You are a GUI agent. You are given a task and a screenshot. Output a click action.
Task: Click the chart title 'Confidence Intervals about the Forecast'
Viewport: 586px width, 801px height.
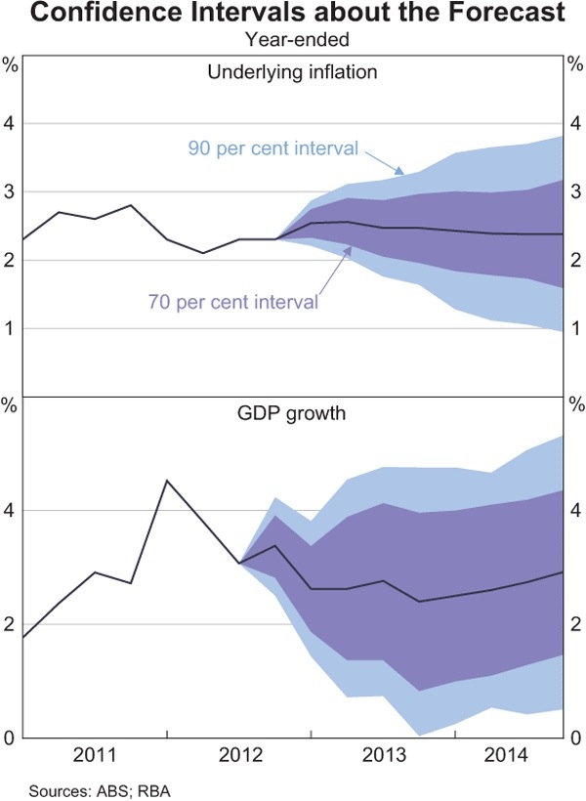click(x=293, y=15)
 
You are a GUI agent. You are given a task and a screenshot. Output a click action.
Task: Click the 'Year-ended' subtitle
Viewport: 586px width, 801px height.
click(x=293, y=41)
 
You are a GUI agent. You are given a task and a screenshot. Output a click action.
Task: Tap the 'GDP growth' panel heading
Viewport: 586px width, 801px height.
click(x=293, y=412)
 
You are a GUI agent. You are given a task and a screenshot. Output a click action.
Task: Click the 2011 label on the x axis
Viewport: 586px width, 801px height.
click(x=95, y=755)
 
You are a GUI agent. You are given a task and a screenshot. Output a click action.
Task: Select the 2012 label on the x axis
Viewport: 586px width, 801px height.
click(x=239, y=755)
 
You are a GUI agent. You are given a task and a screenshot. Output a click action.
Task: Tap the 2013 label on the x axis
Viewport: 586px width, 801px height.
click(x=383, y=755)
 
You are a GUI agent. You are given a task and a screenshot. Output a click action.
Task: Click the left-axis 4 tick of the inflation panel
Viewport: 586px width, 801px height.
click(x=10, y=124)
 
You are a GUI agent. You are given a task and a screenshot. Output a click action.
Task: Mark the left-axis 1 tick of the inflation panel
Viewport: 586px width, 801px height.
click(x=10, y=328)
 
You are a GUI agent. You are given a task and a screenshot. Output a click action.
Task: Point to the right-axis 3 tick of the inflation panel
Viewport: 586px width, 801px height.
click(x=576, y=192)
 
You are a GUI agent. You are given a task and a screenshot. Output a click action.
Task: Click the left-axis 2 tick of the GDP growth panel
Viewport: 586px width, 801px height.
click(x=10, y=624)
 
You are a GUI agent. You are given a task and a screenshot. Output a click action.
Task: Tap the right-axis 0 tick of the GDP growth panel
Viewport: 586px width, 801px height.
click(x=576, y=738)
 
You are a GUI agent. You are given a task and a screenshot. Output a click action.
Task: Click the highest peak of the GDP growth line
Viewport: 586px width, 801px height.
click(x=167, y=481)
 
